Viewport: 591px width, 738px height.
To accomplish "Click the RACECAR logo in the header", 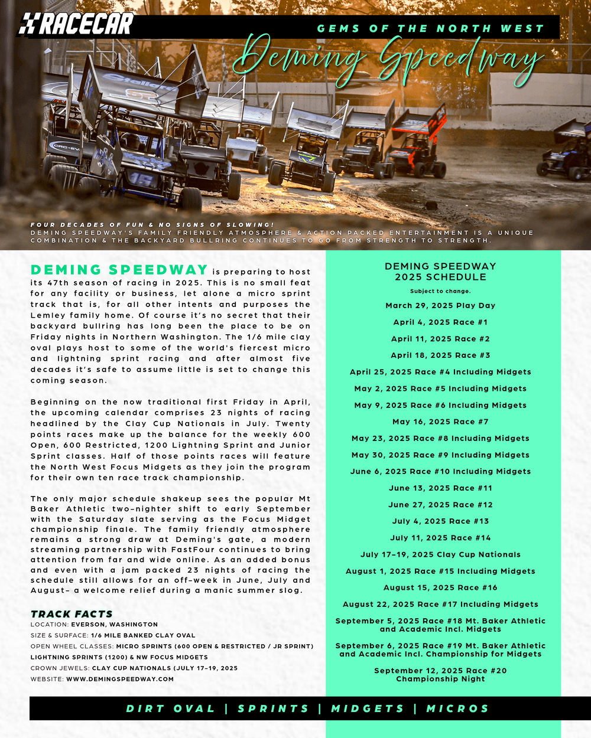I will point(76,24).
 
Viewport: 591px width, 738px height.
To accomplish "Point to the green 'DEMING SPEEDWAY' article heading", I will point(119,270).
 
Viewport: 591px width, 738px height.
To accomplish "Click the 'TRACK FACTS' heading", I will point(72,614).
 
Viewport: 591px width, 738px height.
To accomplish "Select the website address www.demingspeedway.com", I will point(120,679).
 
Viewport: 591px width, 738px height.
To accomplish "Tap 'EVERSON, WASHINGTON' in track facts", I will point(114,624).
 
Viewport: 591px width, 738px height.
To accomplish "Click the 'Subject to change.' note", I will point(440,291).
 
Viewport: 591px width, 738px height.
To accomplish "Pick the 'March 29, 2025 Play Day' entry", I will point(440,305).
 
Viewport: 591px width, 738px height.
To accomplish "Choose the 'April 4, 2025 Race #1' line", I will point(440,322).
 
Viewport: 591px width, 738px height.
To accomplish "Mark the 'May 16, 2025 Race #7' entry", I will point(440,422).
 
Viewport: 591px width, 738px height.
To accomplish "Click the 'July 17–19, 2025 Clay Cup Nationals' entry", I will point(440,554).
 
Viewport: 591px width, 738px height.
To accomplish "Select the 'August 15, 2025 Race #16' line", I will point(440,587).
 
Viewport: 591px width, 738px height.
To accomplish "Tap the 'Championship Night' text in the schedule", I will point(440,679).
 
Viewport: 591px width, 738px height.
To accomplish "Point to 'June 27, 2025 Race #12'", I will point(440,505).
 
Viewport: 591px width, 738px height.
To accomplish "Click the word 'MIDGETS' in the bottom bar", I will point(368,708).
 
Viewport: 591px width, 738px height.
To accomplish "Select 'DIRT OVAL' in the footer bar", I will point(170,708).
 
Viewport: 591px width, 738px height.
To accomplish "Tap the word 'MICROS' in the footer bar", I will point(457,708).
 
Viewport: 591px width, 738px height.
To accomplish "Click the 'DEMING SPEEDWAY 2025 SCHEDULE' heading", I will point(440,272).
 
